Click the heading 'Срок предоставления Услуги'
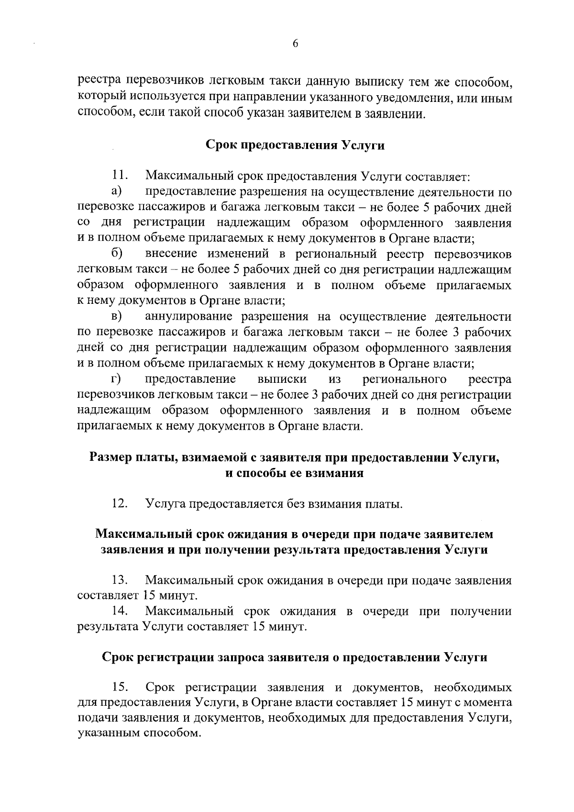[x=295, y=145]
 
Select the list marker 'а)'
[x=116, y=192]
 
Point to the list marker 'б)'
[x=117, y=254]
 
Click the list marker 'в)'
[x=116, y=316]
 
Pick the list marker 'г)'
[x=115, y=379]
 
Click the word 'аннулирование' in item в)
[x=189, y=317]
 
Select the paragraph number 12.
[x=119, y=504]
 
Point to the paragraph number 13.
[x=119, y=581]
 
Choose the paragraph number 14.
[x=119, y=612]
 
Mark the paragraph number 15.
[x=119, y=688]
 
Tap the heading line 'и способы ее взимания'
[x=295, y=473]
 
